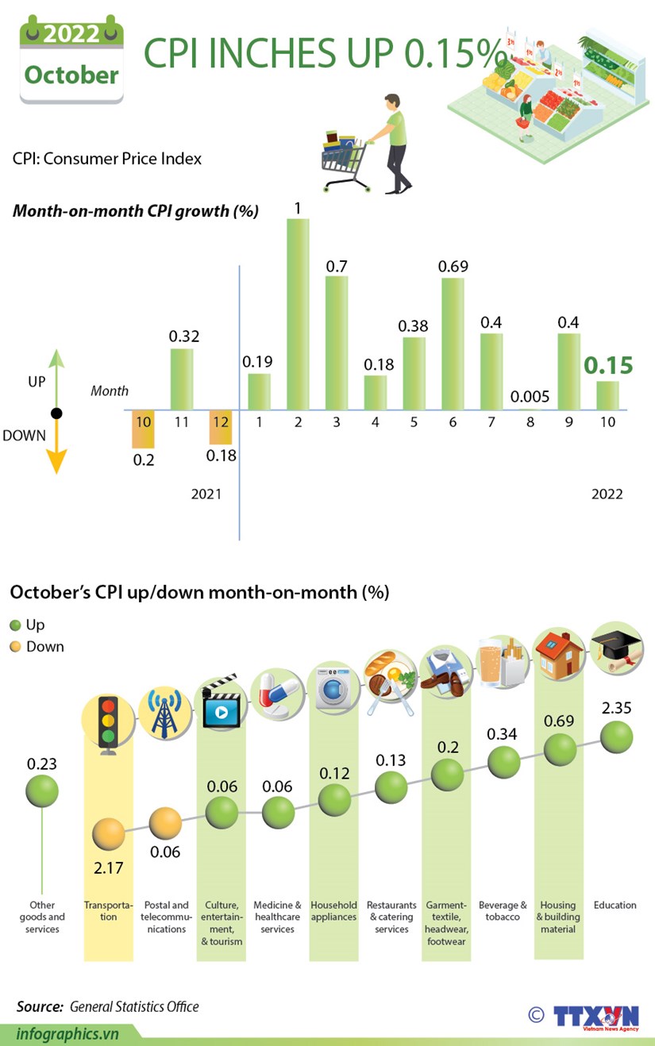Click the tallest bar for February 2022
click(x=298, y=313)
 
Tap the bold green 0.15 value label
click(x=609, y=365)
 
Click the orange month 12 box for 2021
click(x=220, y=422)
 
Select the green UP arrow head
click(x=55, y=358)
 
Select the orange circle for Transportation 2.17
click(x=109, y=833)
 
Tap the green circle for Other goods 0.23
click(x=41, y=790)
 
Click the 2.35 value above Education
click(x=616, y=708)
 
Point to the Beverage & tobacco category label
click(x=503, y=910)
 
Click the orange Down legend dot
click(x=15, y=647)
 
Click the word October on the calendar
click(x=71, y=75)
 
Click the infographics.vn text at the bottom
click(x=67, y=1033)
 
